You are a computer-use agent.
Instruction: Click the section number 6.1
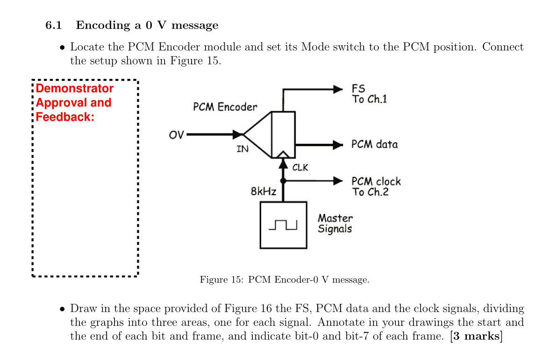pyautogui.click(x=54, y=25)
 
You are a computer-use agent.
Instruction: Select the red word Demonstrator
pyautogui.click(x=74, y=89)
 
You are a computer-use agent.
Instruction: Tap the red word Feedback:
pyautogui.click(x=65, y=117)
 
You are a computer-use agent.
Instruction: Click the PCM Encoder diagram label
pyautogui.click(x=225, y=107)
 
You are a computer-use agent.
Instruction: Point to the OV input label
pyautogui.click(x=177, y=135)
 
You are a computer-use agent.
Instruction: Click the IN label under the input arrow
pyautogui.click(x=242, y=149)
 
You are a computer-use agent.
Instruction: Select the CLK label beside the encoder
pyautogui.click(x=300, y=167)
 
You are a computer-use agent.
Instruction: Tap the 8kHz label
pyautogui.click(x=264, y=191)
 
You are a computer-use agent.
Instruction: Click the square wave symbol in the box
pyautogui.click(x=283, y=225)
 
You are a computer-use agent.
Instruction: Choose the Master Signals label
pyautogui.click(x=335, y=223)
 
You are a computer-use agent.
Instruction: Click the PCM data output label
pyautogui.click(x=374, y=144)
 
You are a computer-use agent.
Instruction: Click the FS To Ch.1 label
pyautogui.click(x=369, y=94)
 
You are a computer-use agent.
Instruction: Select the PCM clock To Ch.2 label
pyautogui.click(x=376, y=186)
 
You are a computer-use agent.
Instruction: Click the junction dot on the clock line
pyautogui.click(x=283, y=181)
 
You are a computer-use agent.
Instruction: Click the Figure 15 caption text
pyautogui.click(x=284, y=280)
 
